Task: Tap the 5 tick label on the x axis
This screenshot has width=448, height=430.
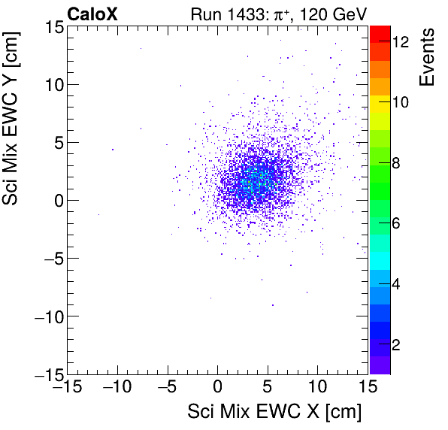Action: pyautogui.click(x=268, y=387)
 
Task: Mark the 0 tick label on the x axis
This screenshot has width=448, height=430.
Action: pyautogui.click(x=218, y=387)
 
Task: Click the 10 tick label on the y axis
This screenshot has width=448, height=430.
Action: pyautogui.click(x=51, y=84)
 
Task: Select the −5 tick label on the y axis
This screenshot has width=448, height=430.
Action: pyautogui.click(x=48, y=258)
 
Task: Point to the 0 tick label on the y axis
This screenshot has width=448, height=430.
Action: pyautogui.click(x=56, y=200)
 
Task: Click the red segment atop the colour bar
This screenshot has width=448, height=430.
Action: pyautogui.click(x=379, y=34)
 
